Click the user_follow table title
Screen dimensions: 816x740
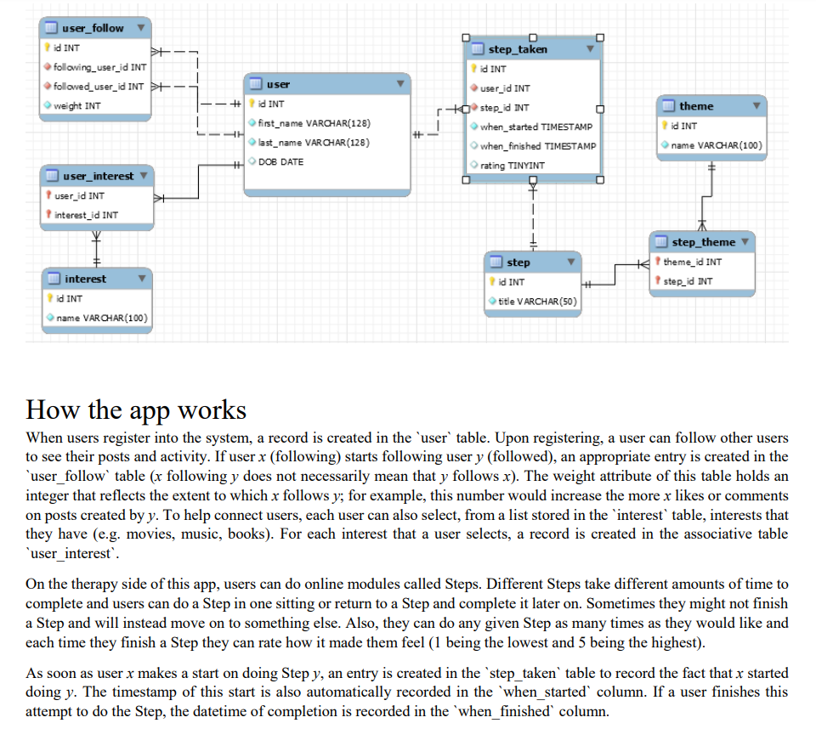(x=93, y=28)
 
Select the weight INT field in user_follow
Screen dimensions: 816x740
(x=77, y=105)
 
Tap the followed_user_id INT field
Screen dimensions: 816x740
(x=99, y=87)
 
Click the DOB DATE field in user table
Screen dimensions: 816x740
(x=280, y=161)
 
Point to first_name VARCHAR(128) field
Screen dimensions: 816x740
(x=314, y=123)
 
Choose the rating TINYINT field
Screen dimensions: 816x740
(x=512, y=166)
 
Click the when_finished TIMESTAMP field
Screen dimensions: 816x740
(x=538, y=146)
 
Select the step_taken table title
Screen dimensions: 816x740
(x=518, y=49)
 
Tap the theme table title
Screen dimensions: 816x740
(x=696, y=106)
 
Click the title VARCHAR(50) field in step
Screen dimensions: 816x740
(x=537, y=301)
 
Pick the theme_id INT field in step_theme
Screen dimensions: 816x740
(x=692, y=262)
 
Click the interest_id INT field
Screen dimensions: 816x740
(x=86, y=215)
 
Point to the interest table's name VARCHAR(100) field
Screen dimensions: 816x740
(x=101, y=318)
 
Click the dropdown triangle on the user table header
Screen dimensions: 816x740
(x=400, y=84)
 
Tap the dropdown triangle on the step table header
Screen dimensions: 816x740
(x=571, y=262)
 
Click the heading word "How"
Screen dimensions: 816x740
(x=52, y=410)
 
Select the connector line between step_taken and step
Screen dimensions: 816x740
(x=533, y=215)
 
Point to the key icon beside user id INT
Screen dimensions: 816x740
(x=252, y=104)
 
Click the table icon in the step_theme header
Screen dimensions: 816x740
(x=661, y=242)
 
